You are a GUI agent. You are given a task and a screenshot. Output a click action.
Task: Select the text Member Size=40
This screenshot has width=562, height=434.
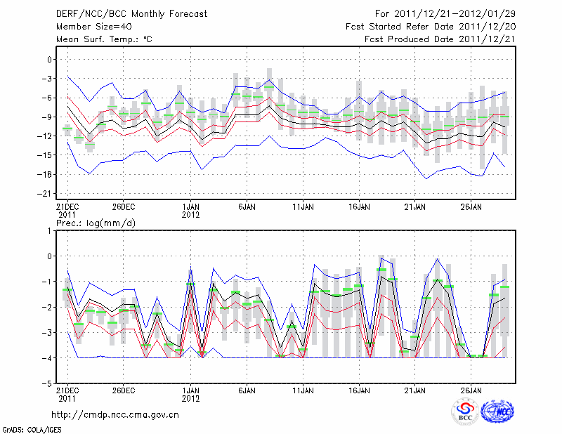[92, 26]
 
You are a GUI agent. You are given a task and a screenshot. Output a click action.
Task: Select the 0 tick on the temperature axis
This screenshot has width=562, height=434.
[50, 60]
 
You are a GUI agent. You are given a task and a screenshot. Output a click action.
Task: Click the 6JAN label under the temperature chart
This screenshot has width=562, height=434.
[247, 207]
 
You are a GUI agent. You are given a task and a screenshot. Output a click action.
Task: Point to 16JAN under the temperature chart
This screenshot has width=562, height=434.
[359, 207]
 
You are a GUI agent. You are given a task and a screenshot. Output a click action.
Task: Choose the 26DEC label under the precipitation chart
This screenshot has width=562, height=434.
[123, 390]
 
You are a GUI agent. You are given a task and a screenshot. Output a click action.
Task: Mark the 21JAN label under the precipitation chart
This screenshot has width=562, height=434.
[415, 390]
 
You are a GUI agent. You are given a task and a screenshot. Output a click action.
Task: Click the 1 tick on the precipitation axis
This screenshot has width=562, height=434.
[50, 230]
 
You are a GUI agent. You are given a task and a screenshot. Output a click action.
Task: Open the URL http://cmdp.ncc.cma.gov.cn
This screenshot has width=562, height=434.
[115, 414]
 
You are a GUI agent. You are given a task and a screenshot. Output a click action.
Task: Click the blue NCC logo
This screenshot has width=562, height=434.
[497, 412]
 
